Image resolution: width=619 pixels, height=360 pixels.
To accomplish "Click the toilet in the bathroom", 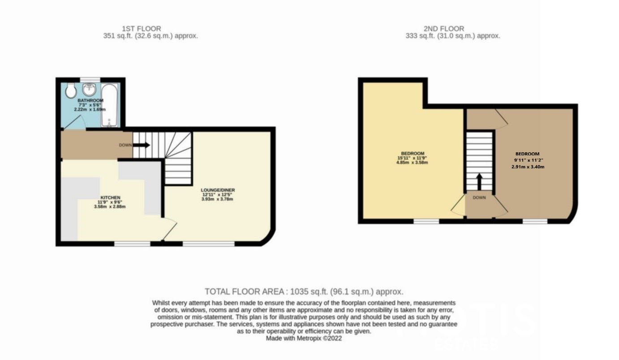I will click(70, 92).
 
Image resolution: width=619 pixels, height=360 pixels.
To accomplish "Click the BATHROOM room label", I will click(90, 101).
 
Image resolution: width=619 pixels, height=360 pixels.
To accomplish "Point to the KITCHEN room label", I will click(110, 197).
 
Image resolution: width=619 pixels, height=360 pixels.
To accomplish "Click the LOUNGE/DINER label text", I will click(218, 190).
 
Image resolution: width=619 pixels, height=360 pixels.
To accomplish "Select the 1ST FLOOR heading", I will click(141, 29).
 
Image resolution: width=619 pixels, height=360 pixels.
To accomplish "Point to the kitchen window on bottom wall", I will click(132, 244).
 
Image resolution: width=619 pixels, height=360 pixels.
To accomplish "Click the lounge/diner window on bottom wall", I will click(209, 244).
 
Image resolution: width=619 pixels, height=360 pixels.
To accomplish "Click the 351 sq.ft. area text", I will click(150, 36).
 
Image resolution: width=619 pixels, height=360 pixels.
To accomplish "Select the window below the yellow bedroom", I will click(426, 221).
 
